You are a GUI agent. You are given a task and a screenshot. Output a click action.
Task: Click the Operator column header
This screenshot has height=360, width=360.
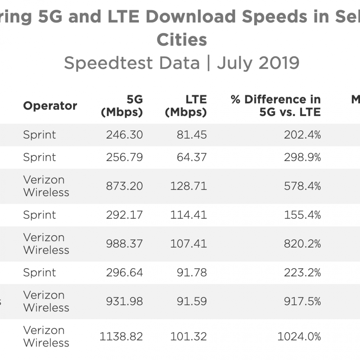click(50, 106)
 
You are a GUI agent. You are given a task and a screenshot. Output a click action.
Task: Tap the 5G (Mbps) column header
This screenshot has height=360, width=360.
click(122, 106)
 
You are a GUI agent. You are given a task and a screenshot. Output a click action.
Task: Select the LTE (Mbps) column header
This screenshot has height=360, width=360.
click(186, 106)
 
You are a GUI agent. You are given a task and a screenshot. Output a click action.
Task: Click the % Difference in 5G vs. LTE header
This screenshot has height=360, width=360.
click(276, 106)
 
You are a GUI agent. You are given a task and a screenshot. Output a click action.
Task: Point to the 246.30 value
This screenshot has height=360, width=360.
click(124, 135)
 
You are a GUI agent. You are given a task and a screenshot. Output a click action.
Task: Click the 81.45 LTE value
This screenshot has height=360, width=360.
click(192, 135)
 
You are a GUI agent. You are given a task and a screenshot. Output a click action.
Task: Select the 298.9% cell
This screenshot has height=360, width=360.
click(302, 157)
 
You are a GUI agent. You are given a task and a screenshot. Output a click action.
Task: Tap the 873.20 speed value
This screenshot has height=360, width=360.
click(124, 186)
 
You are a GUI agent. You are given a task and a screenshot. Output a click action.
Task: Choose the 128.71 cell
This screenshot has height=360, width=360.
click(188, 186)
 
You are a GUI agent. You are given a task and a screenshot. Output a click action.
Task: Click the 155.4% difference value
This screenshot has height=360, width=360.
click(302, 215)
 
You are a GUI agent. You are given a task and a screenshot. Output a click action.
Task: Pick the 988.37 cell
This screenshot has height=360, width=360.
click(124, 244)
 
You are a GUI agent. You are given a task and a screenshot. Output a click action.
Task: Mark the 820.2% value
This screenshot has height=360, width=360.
click(302, 244)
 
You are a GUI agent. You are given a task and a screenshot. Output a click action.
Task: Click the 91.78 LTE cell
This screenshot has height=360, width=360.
click(192, 272)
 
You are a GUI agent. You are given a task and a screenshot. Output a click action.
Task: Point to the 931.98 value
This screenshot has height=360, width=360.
click(124, 301)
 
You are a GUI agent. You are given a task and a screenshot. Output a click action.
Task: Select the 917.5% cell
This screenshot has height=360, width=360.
click(302, 301)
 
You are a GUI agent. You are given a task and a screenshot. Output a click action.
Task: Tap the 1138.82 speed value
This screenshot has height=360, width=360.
click(121, 336)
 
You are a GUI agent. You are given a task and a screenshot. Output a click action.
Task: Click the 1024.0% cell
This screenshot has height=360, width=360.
click(299, 336)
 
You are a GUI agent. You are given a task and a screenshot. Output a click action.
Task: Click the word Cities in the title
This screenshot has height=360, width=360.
click(182, 40)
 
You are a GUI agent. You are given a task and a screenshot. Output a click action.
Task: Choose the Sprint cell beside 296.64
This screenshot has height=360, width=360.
click(39, 272)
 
